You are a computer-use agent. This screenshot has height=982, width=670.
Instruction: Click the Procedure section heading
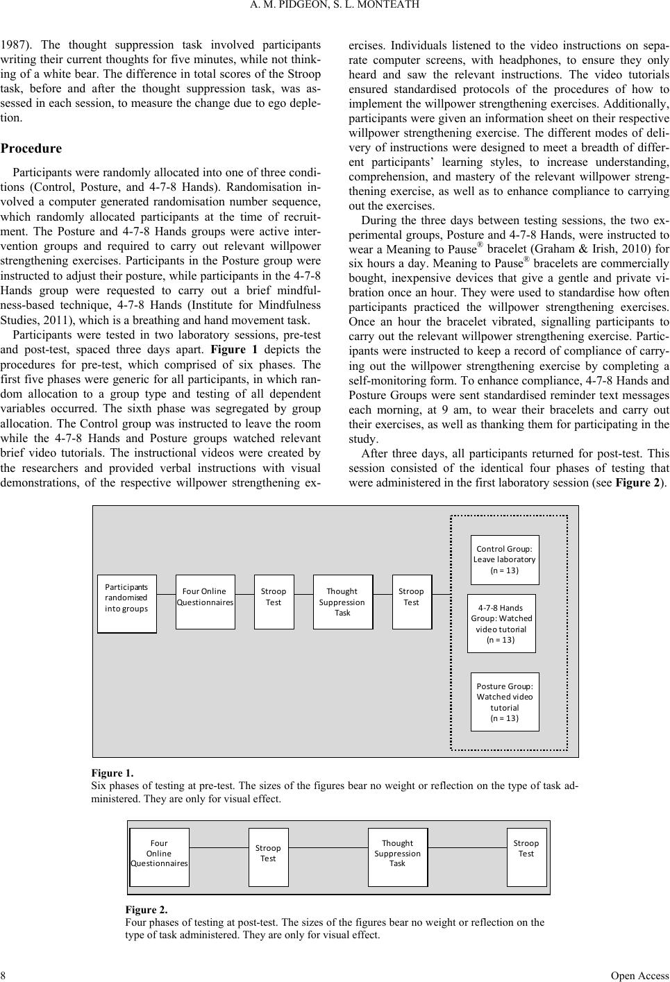tap(31, 149)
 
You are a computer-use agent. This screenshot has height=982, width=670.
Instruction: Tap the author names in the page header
tap(335, 6)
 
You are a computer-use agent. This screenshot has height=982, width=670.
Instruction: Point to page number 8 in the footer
tap(3, 975)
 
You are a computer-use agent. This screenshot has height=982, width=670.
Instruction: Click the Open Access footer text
tap(639, 975)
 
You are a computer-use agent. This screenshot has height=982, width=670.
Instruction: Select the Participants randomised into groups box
tap(126, 603)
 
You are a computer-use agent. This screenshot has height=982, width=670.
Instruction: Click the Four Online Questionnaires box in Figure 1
tap(205, 602)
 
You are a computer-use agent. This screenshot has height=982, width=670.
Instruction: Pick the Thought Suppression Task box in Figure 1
tap(342, 602)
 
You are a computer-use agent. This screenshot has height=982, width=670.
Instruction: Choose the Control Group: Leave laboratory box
tap(505, 559)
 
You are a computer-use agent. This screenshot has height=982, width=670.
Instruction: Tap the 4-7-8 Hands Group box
tap(501, 623)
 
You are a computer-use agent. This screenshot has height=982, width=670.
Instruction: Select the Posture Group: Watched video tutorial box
tap(505, 701)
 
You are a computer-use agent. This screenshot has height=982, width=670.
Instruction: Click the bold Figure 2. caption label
tap(146, 909)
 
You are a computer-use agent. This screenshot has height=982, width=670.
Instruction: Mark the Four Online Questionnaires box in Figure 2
tap(159, 856)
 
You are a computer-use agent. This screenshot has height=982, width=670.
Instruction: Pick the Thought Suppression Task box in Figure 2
tap(397, 856)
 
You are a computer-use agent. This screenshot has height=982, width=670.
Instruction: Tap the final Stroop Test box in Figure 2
tap(526, 856)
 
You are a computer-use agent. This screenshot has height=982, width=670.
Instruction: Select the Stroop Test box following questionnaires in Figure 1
tap(274, 602)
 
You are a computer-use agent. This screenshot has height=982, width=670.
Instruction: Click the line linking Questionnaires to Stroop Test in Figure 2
tap(219, 847)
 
